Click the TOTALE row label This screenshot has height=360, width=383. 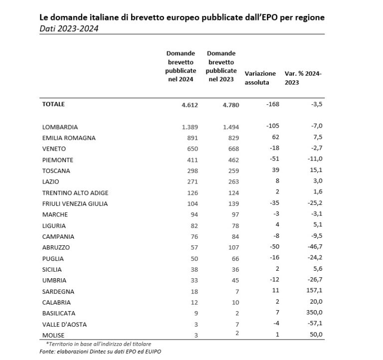54,104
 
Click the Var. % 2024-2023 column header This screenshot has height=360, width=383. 303,78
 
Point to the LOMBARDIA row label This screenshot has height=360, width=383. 61,127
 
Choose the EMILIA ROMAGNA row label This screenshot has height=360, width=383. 69,138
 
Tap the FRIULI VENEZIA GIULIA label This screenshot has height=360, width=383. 76,203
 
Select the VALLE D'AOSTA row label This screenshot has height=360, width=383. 65,324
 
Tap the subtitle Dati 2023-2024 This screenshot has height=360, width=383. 69,29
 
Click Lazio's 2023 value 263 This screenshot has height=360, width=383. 233,182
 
